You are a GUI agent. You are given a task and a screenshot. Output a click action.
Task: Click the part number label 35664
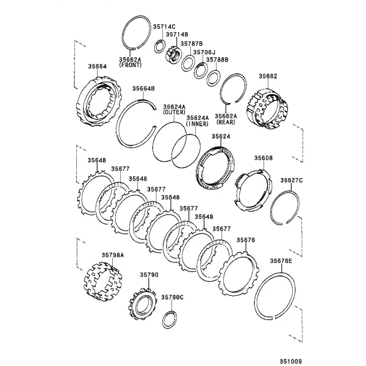pyautogui.click(x=98, y=66)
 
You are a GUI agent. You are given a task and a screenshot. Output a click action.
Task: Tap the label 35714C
pyautogui.click(x=164, y=27)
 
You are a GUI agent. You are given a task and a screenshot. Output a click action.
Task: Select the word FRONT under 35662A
pyautogui.click(x=131, y=65)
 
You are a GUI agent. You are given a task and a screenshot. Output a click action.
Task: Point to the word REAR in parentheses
pyautogui.click(x=226, y=122)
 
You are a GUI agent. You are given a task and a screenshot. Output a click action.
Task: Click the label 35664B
pyautogui.click(x=143, y=88)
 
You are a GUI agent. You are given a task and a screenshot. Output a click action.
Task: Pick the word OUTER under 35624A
pyautogui.click(x=174, y=112)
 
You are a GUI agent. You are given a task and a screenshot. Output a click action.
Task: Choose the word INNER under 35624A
pyautogui.click(x=197, y=123)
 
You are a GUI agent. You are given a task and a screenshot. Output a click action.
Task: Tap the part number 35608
pyautogui.click(x=264, y=158)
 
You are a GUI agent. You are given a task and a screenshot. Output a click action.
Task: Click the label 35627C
pyautogui.click(x=292, y=181)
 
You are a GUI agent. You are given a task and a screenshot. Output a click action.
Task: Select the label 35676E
pyautogui.click(x=281, y=260)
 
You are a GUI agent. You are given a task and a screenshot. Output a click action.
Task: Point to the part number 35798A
pyautogui.click(x=113, y=255)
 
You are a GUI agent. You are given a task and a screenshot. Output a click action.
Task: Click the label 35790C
pyautogui.click(x=172, y=297)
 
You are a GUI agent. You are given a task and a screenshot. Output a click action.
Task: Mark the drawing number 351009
pyautogui.click(x=291, y=361)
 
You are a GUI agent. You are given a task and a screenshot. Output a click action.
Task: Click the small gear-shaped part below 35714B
pyautogui.click(x=173, y=55)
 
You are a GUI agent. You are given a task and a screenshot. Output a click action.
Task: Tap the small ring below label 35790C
pyautogui.click(x=170, y=320)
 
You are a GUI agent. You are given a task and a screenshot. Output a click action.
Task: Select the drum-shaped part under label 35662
pyautogui.click(x=267, y=109)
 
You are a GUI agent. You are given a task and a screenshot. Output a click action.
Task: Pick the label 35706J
pyautogui.click(x=204, y=52)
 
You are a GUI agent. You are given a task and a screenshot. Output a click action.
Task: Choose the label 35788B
pyautogui.click(x=217, y=60)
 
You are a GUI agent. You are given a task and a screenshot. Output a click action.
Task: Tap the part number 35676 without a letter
pyautogui.click(x=246, y=240)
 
